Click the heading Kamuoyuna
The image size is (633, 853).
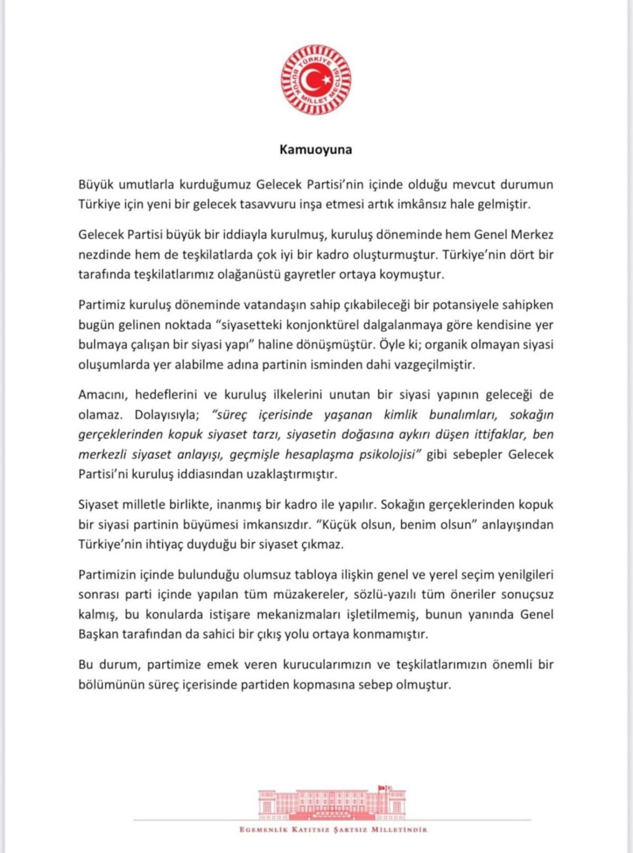[316, 148]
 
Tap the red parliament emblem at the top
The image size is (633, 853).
[316, 79]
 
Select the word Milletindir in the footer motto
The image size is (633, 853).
[402, 830]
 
